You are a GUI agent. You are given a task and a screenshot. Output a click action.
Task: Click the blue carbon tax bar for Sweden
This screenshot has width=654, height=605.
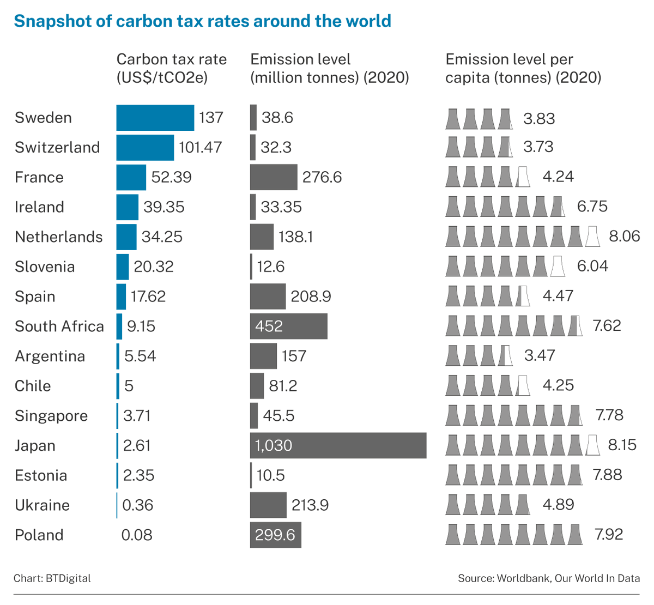pos(155,118)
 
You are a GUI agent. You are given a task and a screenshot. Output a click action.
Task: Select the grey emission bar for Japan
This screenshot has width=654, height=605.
pos(338,445)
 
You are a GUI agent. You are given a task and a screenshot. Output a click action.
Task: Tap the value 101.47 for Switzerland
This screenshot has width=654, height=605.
pos(200,148)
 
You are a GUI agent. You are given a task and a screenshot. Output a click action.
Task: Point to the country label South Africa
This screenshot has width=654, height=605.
pos(59,326)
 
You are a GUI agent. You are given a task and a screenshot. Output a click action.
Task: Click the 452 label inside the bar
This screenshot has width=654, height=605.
pos(269,326)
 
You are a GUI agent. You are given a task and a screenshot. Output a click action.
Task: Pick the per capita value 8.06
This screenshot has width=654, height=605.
pos(624,237)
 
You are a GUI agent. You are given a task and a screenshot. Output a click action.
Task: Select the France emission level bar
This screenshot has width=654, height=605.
pos(274,177)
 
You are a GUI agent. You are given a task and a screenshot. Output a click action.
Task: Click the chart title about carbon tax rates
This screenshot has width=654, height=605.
pos(202,21)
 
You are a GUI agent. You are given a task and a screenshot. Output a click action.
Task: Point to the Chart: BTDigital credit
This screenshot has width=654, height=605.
pos(52,578)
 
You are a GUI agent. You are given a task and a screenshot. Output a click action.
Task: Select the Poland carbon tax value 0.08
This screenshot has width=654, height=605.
pos(137,535)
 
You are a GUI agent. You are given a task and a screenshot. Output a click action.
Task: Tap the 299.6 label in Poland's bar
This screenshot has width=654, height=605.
pos(275,535)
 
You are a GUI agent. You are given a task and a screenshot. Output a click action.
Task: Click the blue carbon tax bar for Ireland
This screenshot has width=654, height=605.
pos(127,207)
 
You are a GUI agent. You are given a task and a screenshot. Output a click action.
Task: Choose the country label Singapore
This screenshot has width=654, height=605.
pos(51,416)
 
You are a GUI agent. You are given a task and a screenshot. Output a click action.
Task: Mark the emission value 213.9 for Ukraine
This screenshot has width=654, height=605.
pos(310,505)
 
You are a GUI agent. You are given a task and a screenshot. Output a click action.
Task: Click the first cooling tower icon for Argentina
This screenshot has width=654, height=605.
pos(452,356)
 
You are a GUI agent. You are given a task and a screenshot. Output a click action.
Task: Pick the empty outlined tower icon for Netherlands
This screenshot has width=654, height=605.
pos(592,237)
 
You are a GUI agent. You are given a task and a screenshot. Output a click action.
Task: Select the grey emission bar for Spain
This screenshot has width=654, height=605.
pos(268,297)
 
